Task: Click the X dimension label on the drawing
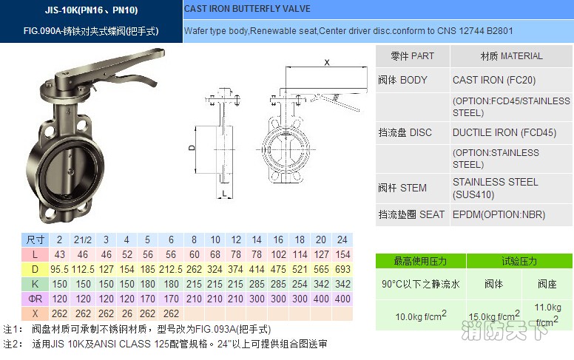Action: pos(327,64)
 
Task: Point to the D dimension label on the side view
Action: pos(191,149)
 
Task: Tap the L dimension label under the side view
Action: pos(224,194)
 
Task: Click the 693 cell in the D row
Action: pos(342,269)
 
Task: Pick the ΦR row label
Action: pos(35,299)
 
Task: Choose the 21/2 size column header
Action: pos(82,240)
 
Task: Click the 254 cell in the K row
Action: pos(300,284)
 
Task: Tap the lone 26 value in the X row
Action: pos(127,313)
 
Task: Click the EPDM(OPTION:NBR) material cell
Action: pos(499,214)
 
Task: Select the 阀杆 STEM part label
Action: pos(402,188)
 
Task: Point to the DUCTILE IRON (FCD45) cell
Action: pos(504,133)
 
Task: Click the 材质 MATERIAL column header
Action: pos(511,56)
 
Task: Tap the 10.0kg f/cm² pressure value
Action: pos(420,316)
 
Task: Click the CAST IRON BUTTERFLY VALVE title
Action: pos(247,10)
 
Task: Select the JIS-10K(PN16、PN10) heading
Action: pos(92,10)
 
